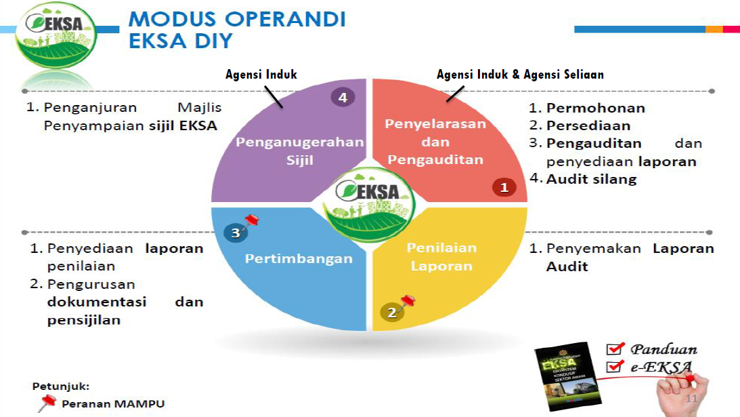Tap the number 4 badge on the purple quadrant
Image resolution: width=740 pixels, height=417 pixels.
343,98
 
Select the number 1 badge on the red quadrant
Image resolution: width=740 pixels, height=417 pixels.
504,187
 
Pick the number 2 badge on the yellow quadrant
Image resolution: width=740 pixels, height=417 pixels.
391,313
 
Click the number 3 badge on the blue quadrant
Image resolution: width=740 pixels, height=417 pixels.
235,233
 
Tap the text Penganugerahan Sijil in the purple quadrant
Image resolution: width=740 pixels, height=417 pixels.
299,151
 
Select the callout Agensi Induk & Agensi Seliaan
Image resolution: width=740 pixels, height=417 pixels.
519,75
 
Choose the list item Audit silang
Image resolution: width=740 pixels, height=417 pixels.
591,179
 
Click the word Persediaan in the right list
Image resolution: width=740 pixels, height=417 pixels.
588,125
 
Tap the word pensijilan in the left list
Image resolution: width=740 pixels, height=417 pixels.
83,320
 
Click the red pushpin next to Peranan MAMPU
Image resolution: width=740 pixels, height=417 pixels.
46,403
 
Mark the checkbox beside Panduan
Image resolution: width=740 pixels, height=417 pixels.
614,349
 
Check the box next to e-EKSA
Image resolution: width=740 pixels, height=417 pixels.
614,367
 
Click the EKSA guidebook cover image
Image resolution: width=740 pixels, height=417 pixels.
565,377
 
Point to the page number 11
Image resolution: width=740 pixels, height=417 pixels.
691,398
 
